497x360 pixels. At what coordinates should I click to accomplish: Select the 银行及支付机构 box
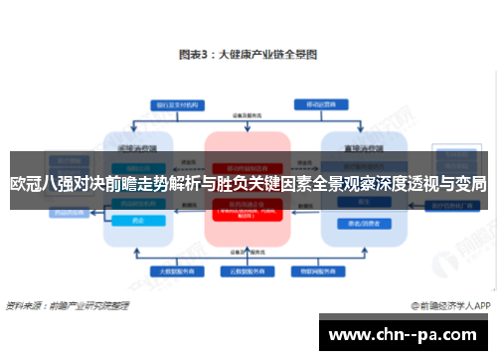[172, 103]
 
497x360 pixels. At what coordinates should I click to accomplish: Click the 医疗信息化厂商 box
[460, 205]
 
